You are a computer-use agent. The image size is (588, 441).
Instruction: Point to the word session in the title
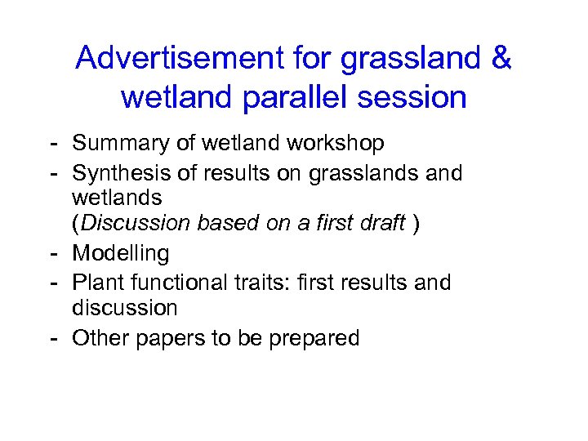416,97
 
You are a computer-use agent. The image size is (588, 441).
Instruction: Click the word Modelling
121,254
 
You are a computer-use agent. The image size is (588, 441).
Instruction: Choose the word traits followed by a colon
263,283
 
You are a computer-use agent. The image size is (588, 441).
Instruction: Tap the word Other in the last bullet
97,338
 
